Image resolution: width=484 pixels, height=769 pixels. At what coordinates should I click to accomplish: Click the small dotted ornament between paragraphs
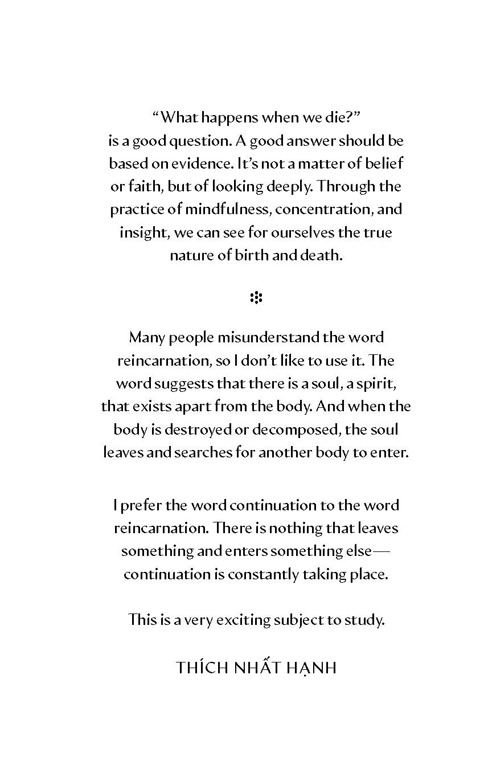point(256,297)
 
